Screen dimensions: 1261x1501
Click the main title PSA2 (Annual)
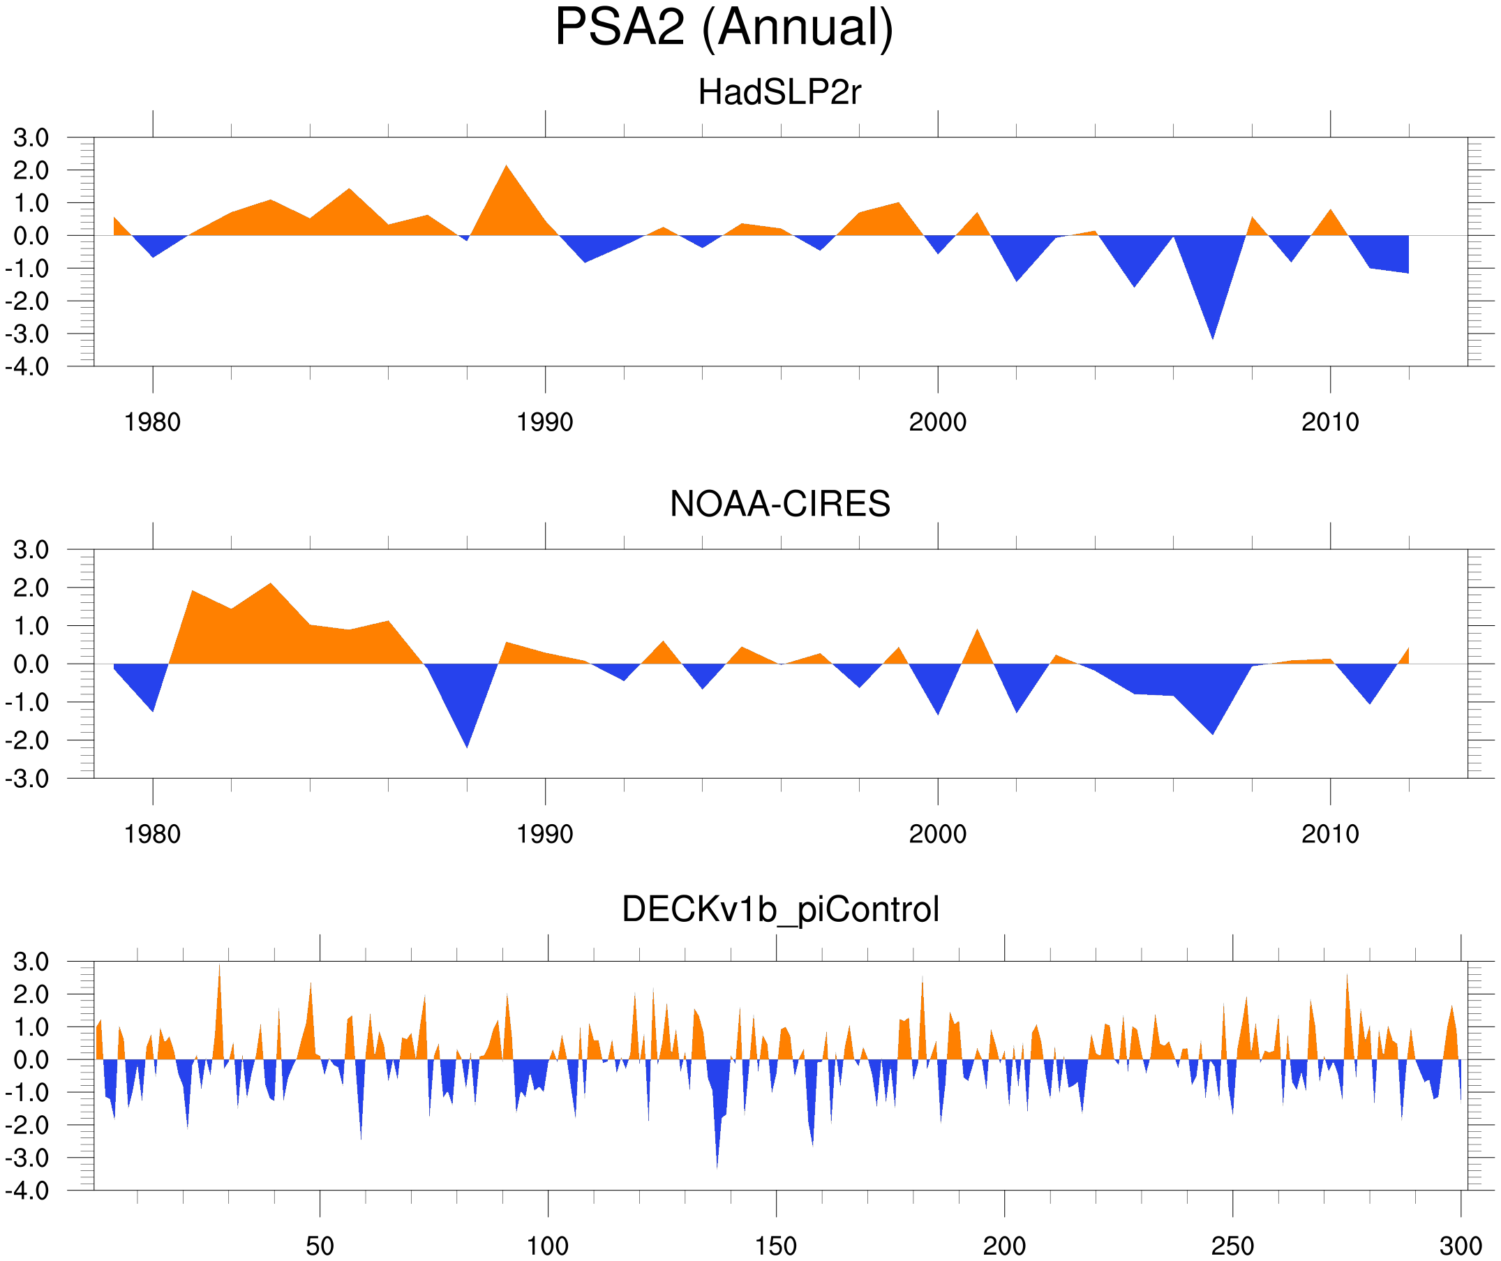[x=724, y=29]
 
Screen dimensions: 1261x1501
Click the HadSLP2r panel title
[x=779, y=93]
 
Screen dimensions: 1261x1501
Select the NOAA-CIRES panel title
[x=779, y=504]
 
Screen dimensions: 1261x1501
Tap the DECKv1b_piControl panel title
[x=779, y=910]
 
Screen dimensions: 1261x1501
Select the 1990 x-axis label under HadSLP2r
[x=545, y=422]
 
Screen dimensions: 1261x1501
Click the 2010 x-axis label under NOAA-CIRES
[x=1329, y=834]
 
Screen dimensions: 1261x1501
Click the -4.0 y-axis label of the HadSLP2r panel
[x=27, y=367]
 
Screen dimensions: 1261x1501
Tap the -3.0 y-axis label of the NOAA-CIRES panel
[x=27, y=779]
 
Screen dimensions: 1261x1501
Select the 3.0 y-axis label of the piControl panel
[x=31, y=962]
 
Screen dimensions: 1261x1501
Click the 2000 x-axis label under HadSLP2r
[x=937, y=422]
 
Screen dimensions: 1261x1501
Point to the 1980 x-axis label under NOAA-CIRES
[x=152, y=834]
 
